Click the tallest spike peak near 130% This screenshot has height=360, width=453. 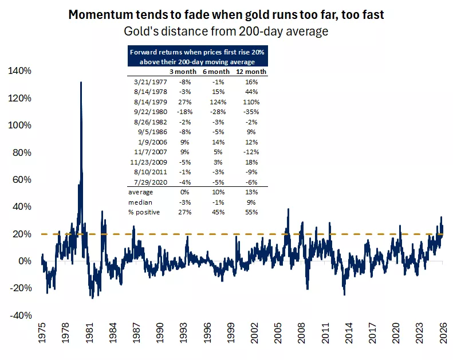tap(81, 83)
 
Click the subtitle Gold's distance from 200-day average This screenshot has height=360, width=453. tap(226, 31)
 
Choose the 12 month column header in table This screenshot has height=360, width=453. tap(252, 72)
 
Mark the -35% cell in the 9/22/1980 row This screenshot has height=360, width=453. tap(251, 112)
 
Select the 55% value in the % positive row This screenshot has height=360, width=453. tap(251, 212)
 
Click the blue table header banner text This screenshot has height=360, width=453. tap(198, 56)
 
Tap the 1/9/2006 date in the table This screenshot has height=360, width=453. tap(145, 142)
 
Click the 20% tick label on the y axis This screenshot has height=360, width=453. tap(21, 234)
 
